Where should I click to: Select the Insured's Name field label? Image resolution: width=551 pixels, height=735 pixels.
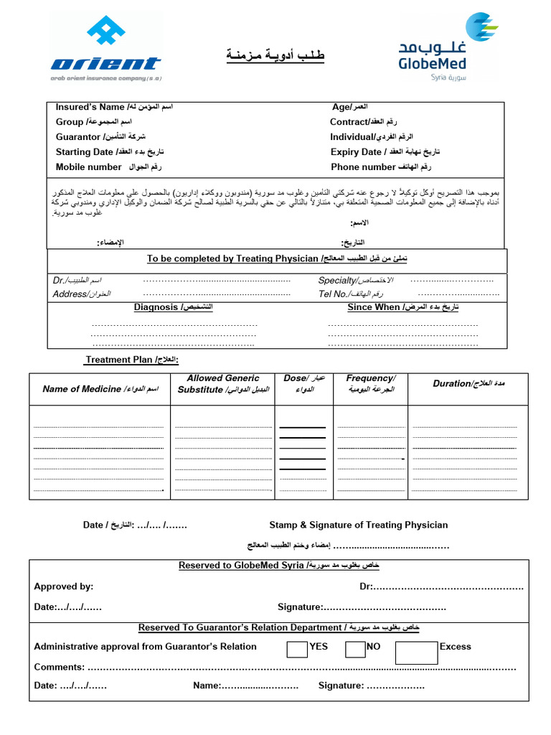point(114,107)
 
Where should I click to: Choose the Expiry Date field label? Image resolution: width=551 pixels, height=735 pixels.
point(385,151)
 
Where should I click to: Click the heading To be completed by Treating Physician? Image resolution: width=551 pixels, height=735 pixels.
point(277,258)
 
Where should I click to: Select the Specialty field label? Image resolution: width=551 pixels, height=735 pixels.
point(355,280)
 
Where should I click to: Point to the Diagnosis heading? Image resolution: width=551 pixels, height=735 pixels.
point(173,307)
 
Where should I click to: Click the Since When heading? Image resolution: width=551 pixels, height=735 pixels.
point(402,307)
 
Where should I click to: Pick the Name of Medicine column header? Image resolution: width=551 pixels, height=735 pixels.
point(100,389)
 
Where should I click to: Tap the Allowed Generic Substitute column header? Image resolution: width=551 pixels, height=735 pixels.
point(223,384)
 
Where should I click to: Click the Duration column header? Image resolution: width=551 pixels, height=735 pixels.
point(468,384)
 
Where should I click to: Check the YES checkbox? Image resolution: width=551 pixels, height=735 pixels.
point(297,649)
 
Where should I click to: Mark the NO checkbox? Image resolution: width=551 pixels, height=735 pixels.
point(355,649)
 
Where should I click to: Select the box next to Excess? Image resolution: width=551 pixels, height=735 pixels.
point(416,652)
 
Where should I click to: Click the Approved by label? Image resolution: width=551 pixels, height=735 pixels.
point(64,586)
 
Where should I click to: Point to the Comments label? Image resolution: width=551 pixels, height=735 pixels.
point(59,667)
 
